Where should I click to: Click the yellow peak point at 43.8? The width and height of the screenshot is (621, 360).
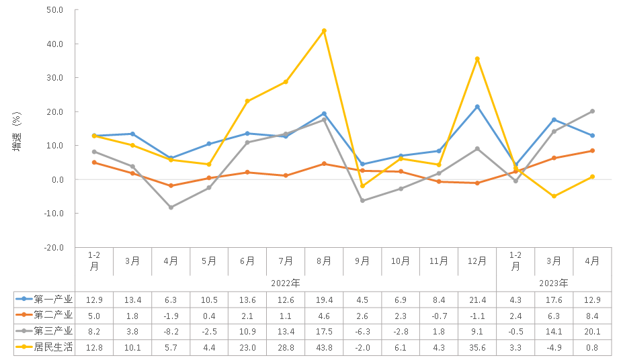click(324, 30)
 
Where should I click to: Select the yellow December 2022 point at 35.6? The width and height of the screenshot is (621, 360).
click(477, 58)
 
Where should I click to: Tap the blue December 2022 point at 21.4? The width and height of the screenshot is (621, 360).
click(477, 107)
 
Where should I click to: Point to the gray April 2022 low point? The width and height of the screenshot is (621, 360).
click(171, 208)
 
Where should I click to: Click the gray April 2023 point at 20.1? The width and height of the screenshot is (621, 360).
click(592, 111)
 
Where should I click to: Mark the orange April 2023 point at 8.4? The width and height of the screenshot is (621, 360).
click(592, 150)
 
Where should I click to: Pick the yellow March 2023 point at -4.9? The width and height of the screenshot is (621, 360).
click(554, 196)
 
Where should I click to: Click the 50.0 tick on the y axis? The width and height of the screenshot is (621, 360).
click(54, 10)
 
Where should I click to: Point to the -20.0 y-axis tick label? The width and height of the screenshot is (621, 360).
click(52, 247)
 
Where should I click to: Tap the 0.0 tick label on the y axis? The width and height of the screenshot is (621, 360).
click(56, 179)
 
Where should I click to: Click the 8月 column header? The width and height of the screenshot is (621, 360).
click(324, 261)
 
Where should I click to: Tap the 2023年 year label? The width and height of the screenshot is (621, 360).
click(554, 283)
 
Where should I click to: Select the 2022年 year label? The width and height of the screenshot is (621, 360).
click(286, 283)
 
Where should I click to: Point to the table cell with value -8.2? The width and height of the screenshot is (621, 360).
click(171, 331)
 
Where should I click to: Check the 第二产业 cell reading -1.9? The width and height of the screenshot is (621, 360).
click(171, 315)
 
